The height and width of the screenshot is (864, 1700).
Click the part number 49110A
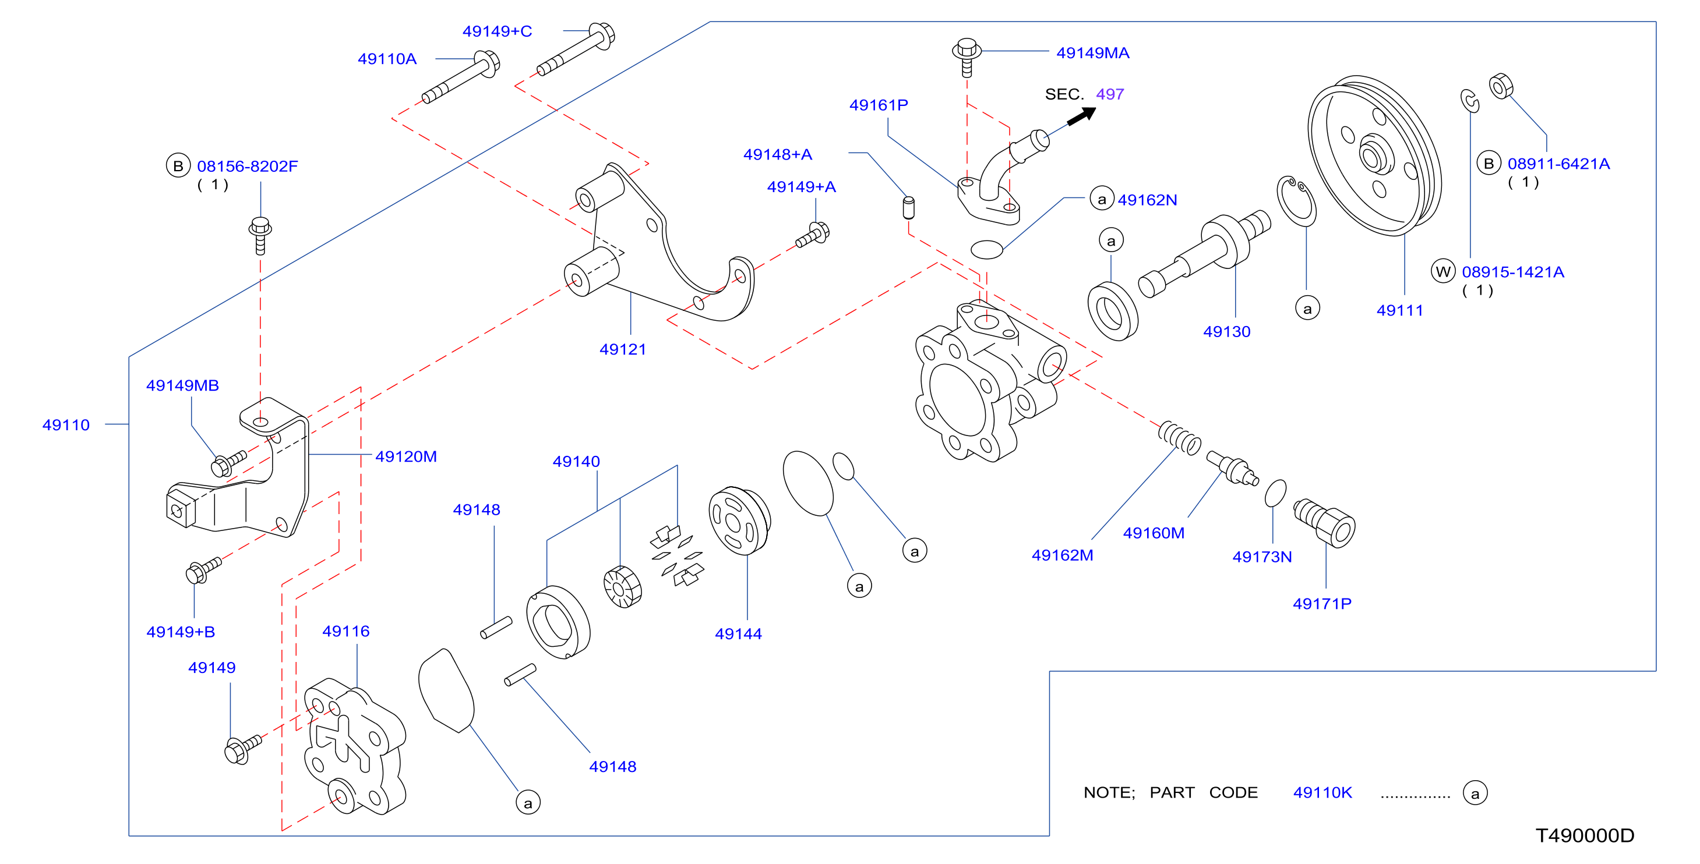[387, 59]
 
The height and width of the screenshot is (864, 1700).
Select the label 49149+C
[497, 31]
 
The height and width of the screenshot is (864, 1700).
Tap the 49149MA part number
[1093, 53]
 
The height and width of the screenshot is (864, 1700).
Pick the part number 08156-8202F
[248, 166]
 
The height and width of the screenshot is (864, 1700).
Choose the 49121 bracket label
[622, 349]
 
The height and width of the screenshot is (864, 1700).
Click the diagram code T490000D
[1585, 835]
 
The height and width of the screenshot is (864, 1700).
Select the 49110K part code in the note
[1322, 792]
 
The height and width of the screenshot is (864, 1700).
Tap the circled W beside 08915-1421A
[1443, 271]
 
